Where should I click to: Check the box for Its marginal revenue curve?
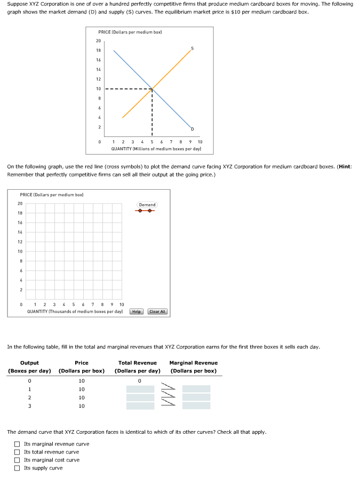pos(18,444)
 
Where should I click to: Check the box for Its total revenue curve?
pos(18,452)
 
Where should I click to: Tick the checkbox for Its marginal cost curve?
pos(18,460)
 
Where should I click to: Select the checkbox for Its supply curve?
pos(18,468)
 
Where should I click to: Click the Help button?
pos(137,311)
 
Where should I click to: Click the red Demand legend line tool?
pos(147,211)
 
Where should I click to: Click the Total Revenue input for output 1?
pos(140,390)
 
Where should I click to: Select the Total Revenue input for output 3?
pos(140,406)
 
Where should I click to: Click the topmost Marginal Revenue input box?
pos(196,389)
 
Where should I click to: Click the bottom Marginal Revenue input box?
pos(196,406)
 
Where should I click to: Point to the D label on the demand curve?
pos(193,129)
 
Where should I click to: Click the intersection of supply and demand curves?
pos(153,88)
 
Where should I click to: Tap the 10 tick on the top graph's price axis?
pos(98,88)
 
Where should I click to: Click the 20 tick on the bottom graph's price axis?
pos(20,203)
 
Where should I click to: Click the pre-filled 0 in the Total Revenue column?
pos(140,381)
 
